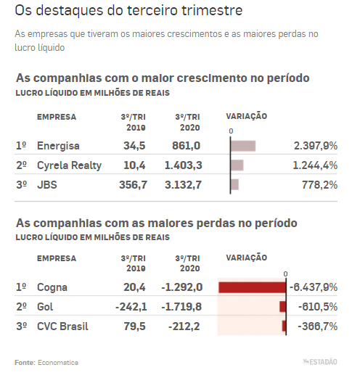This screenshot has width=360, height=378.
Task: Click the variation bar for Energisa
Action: click(x=243, y=146)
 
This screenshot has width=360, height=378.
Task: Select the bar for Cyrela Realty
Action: click(x=237, y=165)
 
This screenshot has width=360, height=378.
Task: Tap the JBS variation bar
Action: click(x=234, y=184)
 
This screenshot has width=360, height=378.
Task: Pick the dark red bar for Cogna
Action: click(x=252, y=287)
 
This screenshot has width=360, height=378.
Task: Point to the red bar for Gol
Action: click(x=282, y=307)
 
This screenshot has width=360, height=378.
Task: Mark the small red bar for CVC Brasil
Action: click(x=284, y=326)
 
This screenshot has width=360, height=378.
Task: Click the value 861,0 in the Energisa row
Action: click(x=186, y=146)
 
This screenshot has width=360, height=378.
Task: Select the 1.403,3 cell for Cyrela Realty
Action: click(x=183, y=165)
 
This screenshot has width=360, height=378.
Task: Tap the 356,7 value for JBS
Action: click(x=133, y=185)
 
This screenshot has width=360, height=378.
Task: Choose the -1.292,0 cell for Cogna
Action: click(x=181, y=287)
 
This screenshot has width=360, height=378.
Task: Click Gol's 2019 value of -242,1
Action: click(x=131, y=307)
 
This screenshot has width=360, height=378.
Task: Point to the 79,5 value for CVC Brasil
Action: click(x=134, y=326)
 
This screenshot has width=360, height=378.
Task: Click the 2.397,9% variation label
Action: click(x=316, y=146)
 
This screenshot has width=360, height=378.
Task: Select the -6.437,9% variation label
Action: click(x=314, y=287)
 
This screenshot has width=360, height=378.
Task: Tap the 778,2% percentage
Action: click(x=319, y=185)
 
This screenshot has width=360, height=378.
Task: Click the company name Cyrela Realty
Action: click(x=69, y=166)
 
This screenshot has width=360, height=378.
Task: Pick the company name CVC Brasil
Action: click(x=62, y=326)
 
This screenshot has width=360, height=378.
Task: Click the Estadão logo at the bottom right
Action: click(x=320, y=362)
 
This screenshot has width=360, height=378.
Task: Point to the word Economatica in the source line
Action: click(x=58, y=363)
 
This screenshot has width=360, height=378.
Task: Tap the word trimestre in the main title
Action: click(x=212, y=10)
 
